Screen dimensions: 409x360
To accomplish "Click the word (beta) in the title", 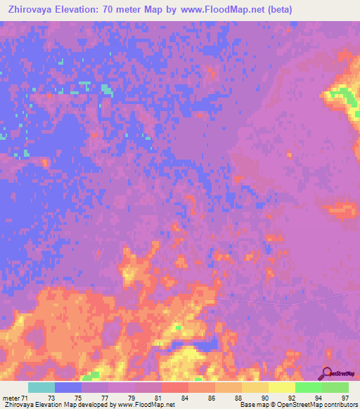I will (276, 10).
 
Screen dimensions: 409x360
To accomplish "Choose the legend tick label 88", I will (239, 398).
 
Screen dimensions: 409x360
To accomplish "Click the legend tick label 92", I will (292, 398).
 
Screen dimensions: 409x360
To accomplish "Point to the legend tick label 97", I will (345, 398).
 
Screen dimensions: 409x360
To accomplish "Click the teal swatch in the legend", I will (41, 387).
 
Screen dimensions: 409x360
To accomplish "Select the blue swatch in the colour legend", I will (68, 387).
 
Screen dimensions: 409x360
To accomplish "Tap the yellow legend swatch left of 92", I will (281, 387).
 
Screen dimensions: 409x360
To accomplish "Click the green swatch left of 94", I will (308, 387).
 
